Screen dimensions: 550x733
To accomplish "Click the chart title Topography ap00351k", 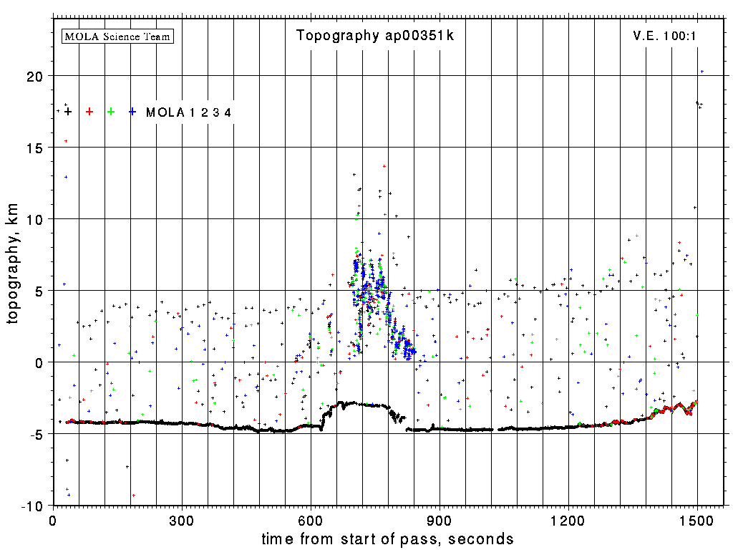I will tap(375, 36).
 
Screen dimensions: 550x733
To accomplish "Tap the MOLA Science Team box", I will tap(118, 36).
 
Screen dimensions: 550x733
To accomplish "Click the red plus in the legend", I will tap(89, 112).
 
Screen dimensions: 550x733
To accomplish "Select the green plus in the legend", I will tap(111, 112).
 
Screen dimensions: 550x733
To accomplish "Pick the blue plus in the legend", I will tap(132, 112).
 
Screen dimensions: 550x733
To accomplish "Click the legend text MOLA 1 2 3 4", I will tap(188, 112).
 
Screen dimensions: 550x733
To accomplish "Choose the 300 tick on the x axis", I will tap(182, 519).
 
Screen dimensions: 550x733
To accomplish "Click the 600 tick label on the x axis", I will tap(311, 519).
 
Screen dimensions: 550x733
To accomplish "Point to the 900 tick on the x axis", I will tap(440, 519).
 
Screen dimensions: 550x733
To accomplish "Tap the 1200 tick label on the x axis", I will tap(568, 519).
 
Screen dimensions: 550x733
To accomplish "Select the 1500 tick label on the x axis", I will tap(697, 519).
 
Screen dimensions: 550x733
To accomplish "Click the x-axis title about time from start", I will tap(388, 539).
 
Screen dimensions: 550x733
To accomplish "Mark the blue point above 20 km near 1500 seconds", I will tap(702, 72).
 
